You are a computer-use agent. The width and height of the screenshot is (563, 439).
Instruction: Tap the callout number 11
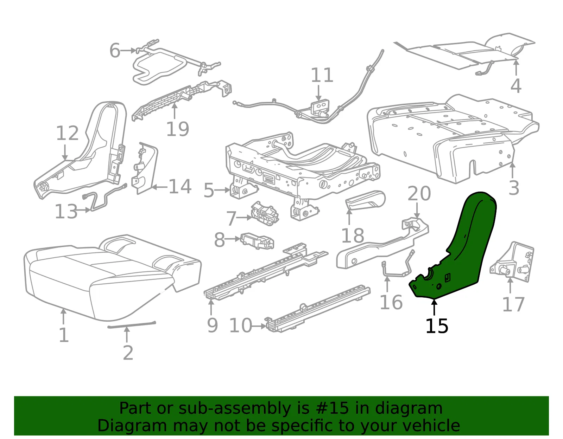point(322,75)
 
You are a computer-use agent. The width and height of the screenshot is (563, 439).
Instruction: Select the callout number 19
point(177,129)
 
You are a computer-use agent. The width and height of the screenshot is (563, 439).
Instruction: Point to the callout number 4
point(515,86)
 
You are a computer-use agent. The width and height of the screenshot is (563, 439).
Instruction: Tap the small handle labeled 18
point(365,199)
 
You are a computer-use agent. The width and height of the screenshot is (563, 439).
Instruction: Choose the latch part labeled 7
point(265,213)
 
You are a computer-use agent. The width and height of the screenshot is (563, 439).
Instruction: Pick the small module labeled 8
point(257,240)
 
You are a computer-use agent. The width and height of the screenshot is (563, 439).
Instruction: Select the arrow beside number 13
point(84,210)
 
